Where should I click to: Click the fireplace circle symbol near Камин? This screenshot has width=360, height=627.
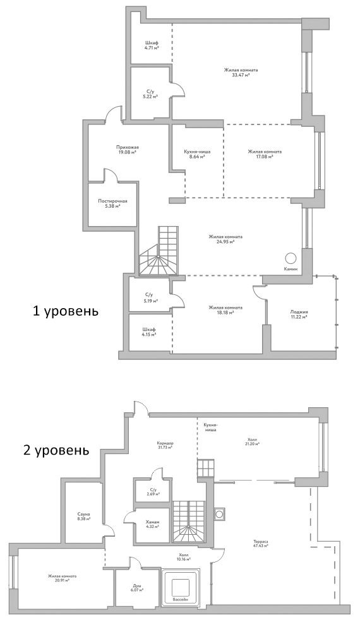pos(290,258)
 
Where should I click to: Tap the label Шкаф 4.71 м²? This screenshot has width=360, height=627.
pos(151,45)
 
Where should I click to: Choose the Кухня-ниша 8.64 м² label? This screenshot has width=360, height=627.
pos(197,154)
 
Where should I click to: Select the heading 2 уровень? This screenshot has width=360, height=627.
pos(52,451)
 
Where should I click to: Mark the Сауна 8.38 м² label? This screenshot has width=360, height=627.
pos(83,517)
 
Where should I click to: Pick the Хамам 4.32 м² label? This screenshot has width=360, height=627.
pos(152,525)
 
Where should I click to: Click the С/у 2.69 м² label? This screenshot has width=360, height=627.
pos(152,492)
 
